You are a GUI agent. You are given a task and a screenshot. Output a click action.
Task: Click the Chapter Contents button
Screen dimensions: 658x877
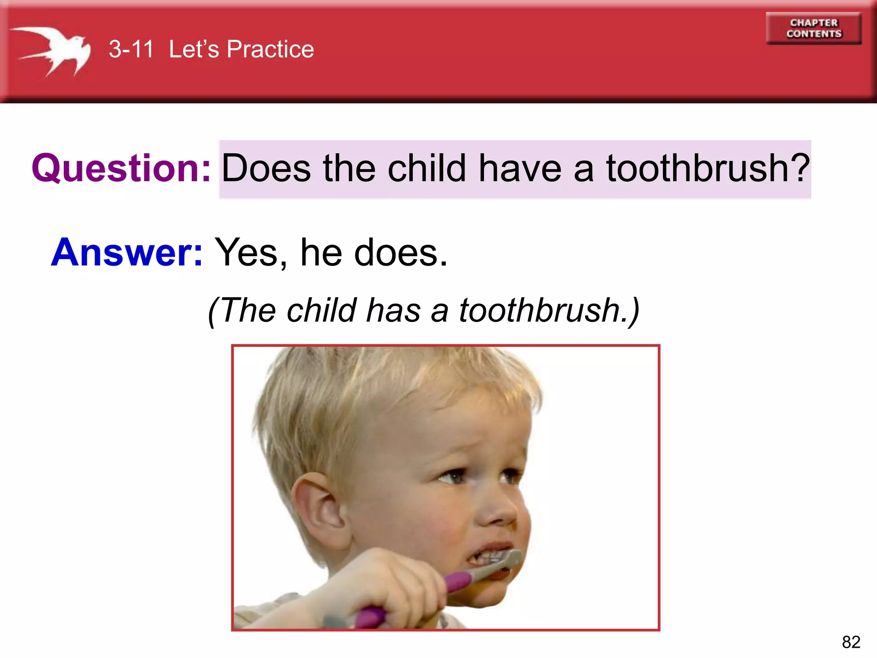coord(814,28)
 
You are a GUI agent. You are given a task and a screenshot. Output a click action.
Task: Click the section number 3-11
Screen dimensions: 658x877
coord(131,49)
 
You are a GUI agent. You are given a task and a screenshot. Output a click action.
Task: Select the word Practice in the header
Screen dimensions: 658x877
coord(270,49)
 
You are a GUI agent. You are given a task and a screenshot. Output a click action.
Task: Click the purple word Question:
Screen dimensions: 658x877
coord(121,168)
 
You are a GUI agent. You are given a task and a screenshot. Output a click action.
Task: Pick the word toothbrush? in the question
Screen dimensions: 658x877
coord(708,168)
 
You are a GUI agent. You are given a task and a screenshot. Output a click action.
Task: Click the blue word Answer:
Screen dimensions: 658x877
coord(127,252)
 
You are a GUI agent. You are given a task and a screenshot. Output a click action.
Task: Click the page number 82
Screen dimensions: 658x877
coord(851,642)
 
